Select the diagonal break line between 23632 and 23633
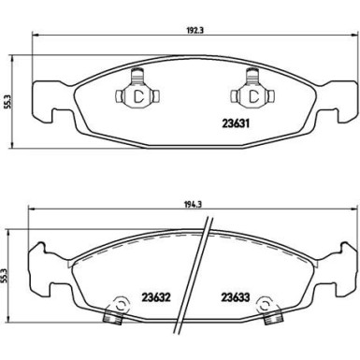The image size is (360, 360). point(199,281)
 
